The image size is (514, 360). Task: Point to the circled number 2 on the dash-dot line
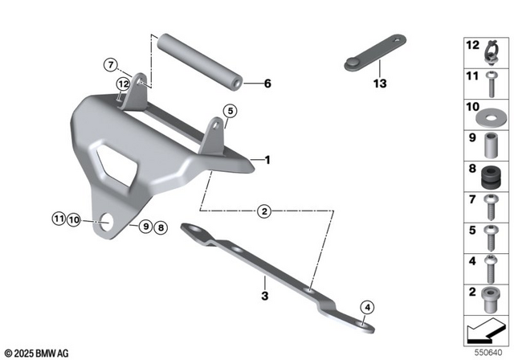(x=263, y=212)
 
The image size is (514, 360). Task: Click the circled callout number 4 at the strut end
(x=366, y=306)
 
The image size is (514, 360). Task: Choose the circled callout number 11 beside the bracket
(x=59, y=218)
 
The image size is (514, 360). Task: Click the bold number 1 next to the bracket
(x=267, y=160)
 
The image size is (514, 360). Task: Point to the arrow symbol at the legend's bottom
(x=486, y=330)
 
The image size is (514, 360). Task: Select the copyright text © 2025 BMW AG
(x=37, y=353)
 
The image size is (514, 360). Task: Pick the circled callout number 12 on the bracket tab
(x=123, y=83)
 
